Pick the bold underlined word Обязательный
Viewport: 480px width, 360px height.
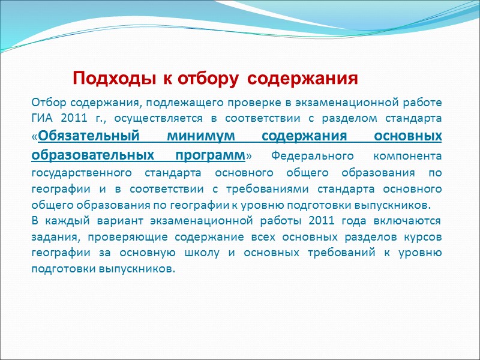click(x=86, y=136)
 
